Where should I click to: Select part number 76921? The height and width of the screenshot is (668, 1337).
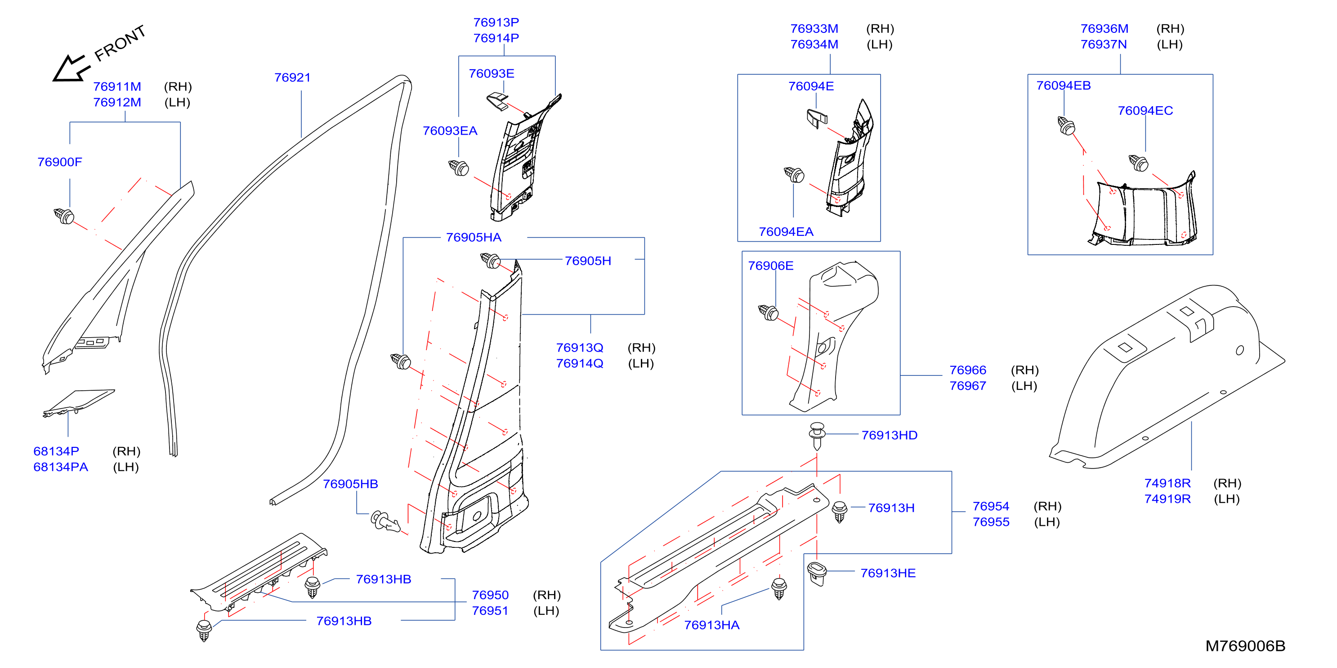(292, 77)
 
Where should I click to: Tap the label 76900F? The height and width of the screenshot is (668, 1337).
(60, 162)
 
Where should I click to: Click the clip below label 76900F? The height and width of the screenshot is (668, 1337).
(64, 216)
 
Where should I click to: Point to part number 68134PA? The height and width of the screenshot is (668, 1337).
(61, 467)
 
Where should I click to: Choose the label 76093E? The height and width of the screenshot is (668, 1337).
(492, 74)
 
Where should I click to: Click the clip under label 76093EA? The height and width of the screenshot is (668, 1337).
(459, 167)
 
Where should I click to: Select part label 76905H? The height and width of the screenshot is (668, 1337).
(588, 261)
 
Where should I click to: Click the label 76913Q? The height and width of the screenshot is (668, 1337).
(580, 348)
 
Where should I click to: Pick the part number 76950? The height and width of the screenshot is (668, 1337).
(490, 595)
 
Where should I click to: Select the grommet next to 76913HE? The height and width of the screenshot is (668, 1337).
(817, 573)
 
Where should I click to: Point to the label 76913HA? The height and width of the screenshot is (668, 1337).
(711, 625)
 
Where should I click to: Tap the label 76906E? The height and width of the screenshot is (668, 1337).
(771, 266)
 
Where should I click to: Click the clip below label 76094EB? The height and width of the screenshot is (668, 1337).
(1067, 126)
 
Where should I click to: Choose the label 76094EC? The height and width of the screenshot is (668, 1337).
(1145, 111)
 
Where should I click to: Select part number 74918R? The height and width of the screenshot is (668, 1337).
(1168, 483)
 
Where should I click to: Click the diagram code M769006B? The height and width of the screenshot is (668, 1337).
(1245, 645)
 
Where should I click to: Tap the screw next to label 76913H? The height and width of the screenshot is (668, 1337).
(840, 511)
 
